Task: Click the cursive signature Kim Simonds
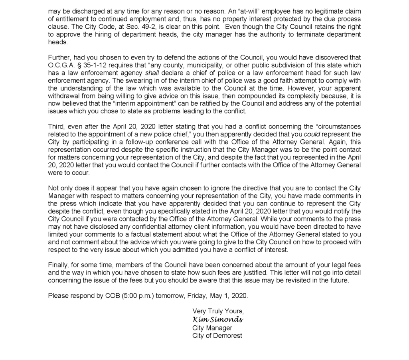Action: pyautogui.click(x=218, y=320)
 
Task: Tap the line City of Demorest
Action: pyautogui.click(x=217, y=336)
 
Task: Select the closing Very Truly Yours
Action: pyautogui.click(x=218, y=311)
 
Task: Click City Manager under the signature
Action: pyautogui.click(x=212, y=328)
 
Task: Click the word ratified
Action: pyautogui.click(x=202, y=104)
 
